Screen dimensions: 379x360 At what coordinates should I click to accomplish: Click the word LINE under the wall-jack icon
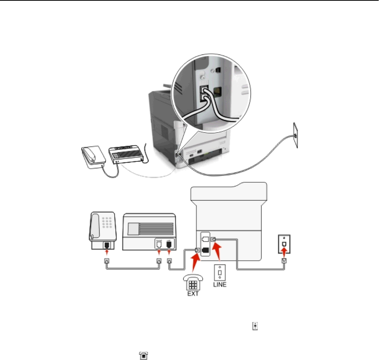pyautogui.click(x=220, y=284)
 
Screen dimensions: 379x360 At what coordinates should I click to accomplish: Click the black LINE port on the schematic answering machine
pyautogui.click(x=169, y=244)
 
